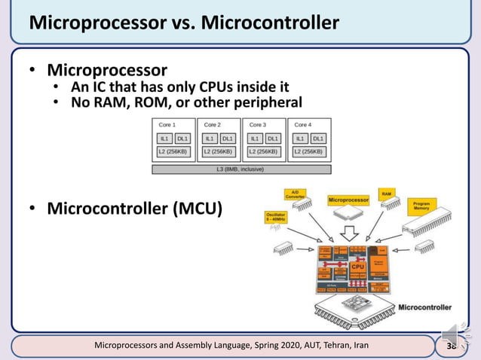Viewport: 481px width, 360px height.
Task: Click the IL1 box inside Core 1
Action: pos(164,139)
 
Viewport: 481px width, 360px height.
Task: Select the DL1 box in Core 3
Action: pos(273,139)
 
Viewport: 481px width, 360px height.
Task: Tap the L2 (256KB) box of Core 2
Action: pos(219,151)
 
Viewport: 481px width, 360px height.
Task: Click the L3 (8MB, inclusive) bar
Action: pos(241,169)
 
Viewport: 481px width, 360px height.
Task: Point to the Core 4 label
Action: pos(302,124)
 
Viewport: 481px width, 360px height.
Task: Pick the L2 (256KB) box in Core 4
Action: pos(309,151)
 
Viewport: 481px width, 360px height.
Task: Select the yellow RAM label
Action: pos(386,194)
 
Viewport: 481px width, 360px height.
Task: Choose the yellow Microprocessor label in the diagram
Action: pos(348,200)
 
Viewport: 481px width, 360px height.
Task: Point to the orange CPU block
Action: pos(357,266)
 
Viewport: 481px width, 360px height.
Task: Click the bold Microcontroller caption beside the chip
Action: pos(424,307)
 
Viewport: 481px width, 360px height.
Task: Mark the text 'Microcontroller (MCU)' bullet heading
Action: pos(134,207)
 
